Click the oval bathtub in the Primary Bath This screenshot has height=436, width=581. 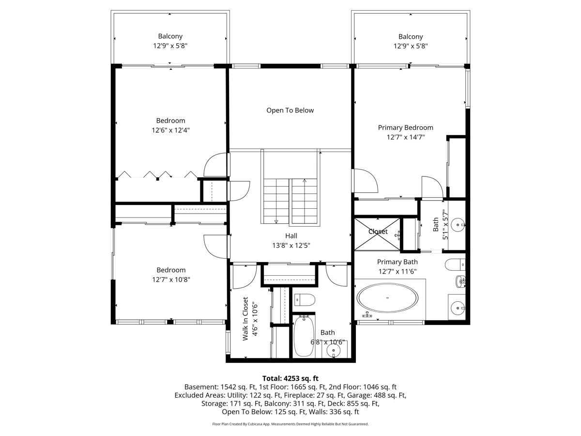pyautogui.click(x=387, y=298)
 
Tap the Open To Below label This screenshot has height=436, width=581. pyautogui.click(x=290, y=110)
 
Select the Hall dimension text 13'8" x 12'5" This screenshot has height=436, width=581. pyautogui.click(x=291, y=246)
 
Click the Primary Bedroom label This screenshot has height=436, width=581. pyautogui.click(x=406, y=127)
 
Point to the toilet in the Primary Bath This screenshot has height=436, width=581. pyautogui.click(x=455, y=265)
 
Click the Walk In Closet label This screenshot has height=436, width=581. pyautogui.click(x=245, y=319)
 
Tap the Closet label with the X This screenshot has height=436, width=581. pyautogui.click(x=378, y=232)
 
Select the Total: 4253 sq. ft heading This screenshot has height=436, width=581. pyautogui.click(x=290, y=378)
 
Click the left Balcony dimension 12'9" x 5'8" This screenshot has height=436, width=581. pyautogui.click(x=170, y=46)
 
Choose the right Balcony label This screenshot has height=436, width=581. pyautogui.click(x=411, y=36)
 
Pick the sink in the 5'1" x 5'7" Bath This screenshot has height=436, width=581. pyautogui.click(x=458, y=225)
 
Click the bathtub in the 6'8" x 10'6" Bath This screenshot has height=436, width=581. pyautogui.click(x=304, y=336)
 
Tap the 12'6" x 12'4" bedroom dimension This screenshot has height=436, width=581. pyautogui.click(x=171, y=130)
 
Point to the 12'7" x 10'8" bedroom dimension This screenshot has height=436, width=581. pyautogui.click(x=171, y=280)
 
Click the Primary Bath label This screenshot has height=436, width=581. pyautogui.click(x=398, y=262)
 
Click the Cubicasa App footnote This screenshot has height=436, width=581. pyautogui.click(x=290, y=424)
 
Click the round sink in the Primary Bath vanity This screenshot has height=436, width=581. pyautogui.click(x=458, y=308)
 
